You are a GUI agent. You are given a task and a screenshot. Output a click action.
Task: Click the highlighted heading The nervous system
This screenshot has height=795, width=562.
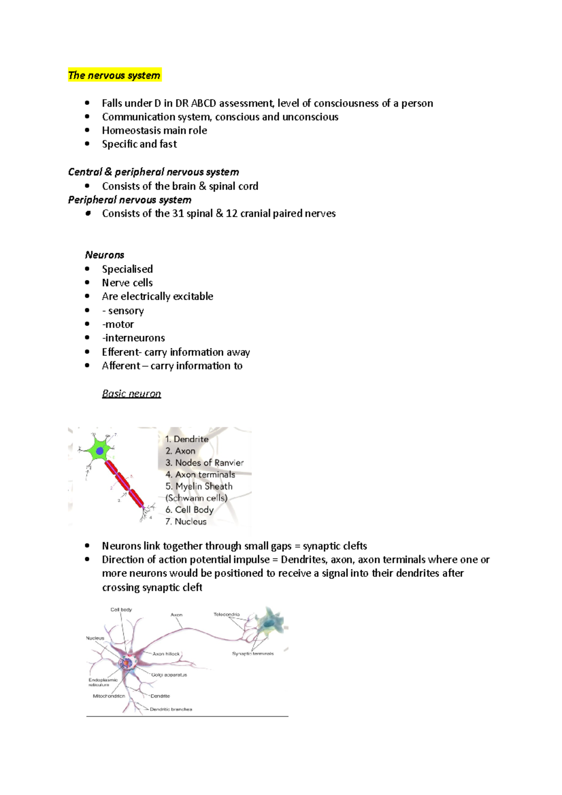[x=114, y=75]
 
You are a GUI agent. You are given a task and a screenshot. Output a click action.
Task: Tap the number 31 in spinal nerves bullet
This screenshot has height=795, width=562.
[x=178, y=213]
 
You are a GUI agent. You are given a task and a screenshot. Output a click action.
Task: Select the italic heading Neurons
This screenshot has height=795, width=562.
[x=104, y=255]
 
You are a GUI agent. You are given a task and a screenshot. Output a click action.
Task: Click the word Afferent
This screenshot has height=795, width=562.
[x=121, y=366]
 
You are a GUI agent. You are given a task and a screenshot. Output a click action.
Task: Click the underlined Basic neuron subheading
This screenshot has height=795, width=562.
[x=131, y=394]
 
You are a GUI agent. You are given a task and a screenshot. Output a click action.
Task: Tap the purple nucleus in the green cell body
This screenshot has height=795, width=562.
[x=100, y=451]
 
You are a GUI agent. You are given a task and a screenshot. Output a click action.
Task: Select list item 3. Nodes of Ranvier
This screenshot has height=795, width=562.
[x=204, y=463]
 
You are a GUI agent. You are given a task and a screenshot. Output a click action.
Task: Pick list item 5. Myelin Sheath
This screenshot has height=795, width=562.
[x=199, y=486]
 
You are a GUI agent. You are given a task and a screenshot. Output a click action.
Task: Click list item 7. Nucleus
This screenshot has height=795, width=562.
[x=186, y=522]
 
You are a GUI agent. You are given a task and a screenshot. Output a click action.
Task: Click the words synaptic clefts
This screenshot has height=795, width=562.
[x=335, y=546]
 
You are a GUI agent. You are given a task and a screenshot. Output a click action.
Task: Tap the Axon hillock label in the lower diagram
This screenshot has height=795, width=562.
[x=166, y=654]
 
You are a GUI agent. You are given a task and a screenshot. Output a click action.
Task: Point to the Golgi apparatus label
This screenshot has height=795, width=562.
[x=169, y=675]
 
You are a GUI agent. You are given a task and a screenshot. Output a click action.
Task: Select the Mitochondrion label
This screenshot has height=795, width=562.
[x=109, y=696]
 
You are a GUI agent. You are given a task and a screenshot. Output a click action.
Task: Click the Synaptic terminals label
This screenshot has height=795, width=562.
[x=253, y=654]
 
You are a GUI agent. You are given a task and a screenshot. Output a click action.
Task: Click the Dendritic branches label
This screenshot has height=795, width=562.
[x=171, y=709]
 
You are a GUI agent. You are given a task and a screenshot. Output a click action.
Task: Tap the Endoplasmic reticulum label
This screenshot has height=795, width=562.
[x=103, y=682]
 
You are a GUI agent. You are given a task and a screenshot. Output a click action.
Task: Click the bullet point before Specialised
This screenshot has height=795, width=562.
[x=87, y=269]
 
